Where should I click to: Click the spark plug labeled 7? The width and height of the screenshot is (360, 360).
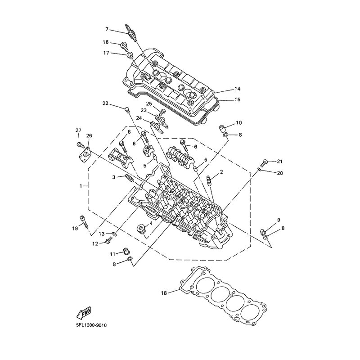[131, 32]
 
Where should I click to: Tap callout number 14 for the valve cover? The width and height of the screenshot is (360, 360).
[237, 89]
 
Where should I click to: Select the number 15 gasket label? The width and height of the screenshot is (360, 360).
[237, 99]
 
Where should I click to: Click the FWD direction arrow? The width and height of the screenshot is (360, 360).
[85, 312]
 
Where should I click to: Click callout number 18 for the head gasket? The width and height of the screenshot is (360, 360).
[164, 293]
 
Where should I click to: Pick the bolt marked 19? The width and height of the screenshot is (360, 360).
[84, 221]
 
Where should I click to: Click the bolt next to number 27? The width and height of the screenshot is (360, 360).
[80, 145]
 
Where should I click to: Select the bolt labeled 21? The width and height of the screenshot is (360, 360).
[265, 163]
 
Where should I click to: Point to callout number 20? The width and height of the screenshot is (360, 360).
[280, 173]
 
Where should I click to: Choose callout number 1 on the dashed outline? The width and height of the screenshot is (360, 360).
[81, 186]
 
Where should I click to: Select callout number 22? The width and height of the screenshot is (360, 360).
[105, 103]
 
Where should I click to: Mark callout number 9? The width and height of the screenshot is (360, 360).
[279, 220]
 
